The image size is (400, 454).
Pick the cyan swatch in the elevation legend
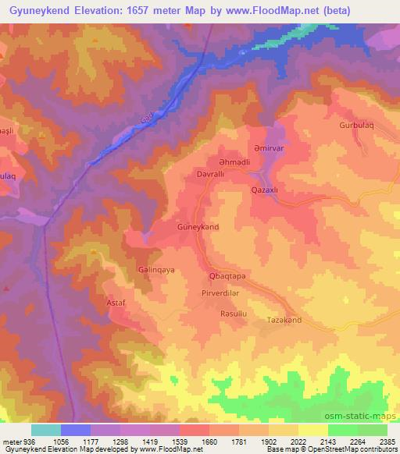(45, 430)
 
